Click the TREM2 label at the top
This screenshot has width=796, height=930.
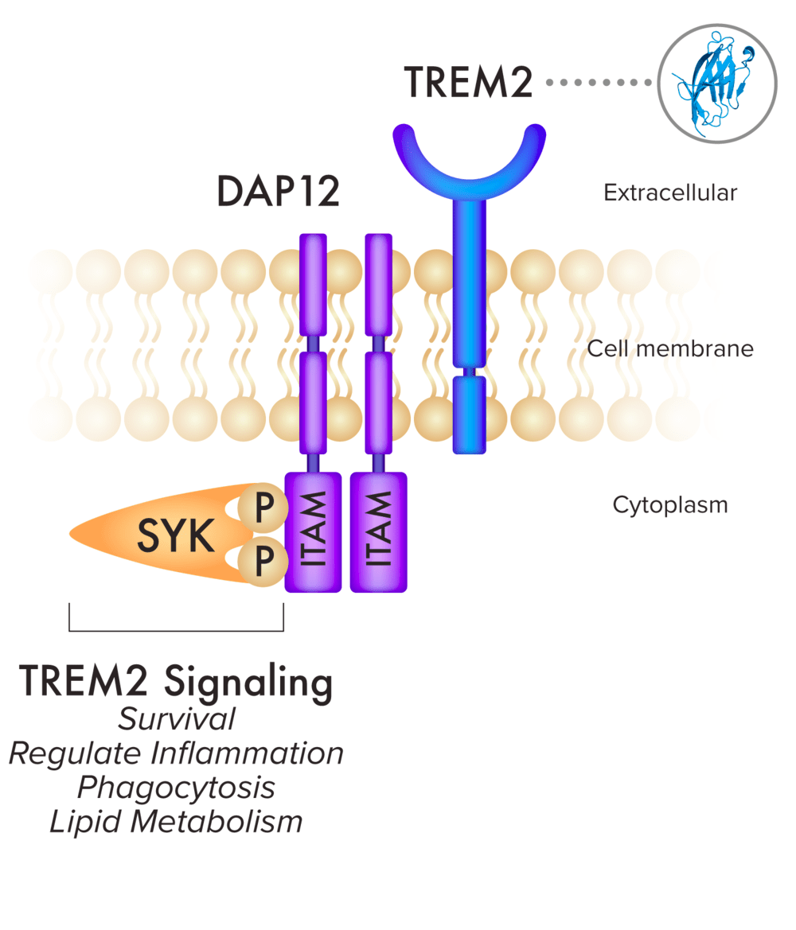[468, 82]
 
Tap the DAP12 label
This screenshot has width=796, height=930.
[278, 192]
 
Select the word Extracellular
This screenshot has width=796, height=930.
[670, 193]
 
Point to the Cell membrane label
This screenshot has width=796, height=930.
[669, 348]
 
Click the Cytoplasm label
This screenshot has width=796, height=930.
[669, 504]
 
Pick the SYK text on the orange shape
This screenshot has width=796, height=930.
[176, 538]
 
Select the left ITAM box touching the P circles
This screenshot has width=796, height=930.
[313, 532]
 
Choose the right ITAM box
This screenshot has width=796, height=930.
[378, 532]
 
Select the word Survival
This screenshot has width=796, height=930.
[176, 719]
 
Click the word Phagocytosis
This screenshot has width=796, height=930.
[176, 788]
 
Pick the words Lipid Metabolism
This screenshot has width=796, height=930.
[176, 822]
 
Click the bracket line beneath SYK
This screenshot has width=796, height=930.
[176, 631]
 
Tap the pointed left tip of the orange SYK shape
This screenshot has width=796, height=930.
[74, 532]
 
